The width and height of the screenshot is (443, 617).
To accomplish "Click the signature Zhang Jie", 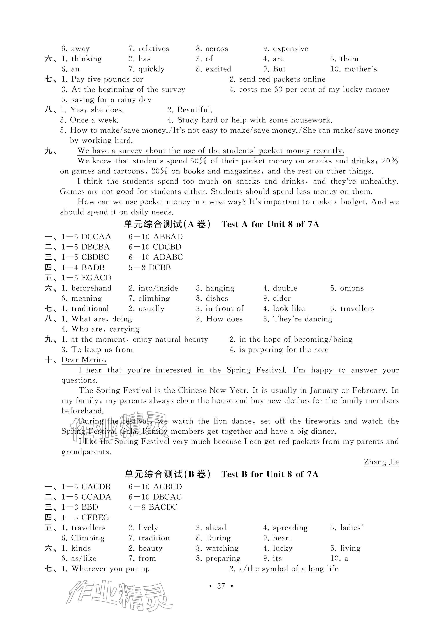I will click(x=381, y=462).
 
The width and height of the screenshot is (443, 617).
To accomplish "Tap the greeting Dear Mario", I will click(x=83, y=360).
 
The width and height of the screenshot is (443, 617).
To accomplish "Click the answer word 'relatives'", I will click(x=154, y=49).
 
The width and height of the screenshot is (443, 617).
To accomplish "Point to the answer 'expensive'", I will click(x=290, y=49).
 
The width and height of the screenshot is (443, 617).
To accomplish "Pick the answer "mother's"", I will click(x=361, y=69).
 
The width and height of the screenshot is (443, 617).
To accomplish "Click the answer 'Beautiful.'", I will click(x=195, y=110).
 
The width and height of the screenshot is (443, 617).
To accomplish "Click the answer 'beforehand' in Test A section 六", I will click(x=91, y=288).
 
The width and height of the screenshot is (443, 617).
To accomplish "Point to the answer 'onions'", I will click(x=352, y=288).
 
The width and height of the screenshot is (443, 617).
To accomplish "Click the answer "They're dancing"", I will click(x=303, y=319).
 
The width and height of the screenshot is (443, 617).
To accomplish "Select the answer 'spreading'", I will click(x=290, y=528).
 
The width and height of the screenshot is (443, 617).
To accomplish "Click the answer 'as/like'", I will click(x=83, y=559).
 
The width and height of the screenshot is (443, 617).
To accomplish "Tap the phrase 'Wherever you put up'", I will click(x=110, y=569).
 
